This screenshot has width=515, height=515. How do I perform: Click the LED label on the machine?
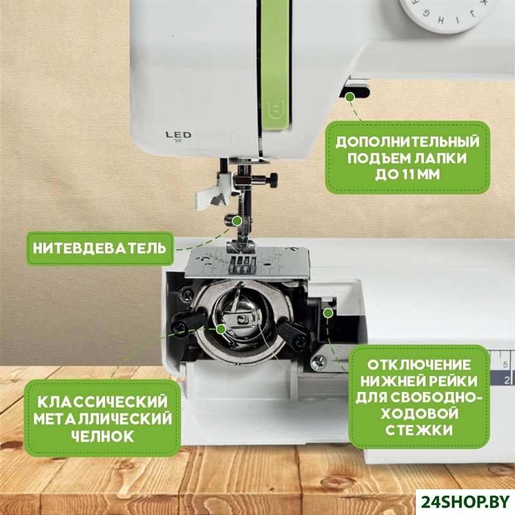pos(178,135)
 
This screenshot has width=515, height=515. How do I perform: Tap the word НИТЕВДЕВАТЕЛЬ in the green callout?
pos(100,248)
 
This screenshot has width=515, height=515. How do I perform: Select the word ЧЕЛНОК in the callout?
pos(103,436)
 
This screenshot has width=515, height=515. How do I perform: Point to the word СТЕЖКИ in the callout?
pos(419,430)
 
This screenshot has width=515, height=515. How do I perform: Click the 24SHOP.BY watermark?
pos(465,501)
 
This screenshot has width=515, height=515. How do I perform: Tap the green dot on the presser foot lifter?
pos(351,97)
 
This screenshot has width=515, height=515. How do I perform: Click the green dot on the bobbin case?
pos(221,328)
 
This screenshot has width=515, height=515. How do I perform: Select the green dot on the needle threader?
pos(237,221)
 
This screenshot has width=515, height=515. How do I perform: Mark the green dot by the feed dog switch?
pos(328,313)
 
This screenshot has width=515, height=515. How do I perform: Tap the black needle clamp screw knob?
pos(274,180)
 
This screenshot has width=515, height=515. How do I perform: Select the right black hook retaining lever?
pos(292,334)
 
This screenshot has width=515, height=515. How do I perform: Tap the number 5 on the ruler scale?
pos(505,364)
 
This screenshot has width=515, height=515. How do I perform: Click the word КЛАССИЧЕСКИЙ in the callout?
pos(103,402)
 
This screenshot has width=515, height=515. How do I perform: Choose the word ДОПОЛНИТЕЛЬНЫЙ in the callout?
pos(407,142)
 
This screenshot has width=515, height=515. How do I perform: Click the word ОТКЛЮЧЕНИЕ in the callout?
pos(419,365)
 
